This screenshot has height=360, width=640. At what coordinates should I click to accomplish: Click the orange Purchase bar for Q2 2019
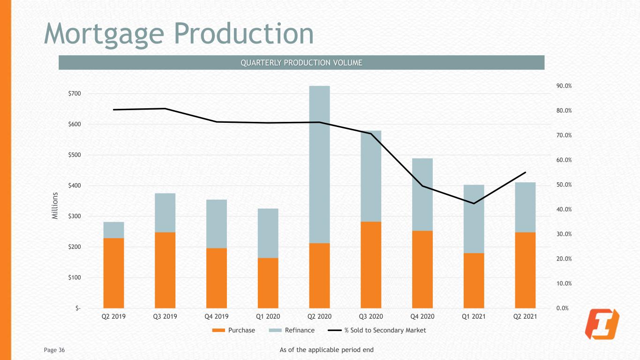pos(114,273)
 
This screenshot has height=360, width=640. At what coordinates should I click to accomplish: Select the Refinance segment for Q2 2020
pos(319,165)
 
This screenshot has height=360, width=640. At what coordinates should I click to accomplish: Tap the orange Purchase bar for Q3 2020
pos(371,265)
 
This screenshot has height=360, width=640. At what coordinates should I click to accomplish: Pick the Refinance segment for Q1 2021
pos(474,219)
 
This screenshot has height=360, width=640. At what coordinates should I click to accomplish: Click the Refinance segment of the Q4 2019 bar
pos(217,224)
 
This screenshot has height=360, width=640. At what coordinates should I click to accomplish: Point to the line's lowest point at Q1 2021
pos(474,203)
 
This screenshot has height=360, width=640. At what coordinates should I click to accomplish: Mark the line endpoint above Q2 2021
pos(525,172)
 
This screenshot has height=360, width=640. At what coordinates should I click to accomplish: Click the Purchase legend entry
pos(233,330)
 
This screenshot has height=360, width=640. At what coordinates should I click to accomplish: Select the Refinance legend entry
pos(292,330)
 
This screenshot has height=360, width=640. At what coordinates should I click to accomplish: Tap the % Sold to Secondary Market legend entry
pos(376,330)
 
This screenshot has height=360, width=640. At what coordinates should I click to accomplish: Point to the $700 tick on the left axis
pos(75,93)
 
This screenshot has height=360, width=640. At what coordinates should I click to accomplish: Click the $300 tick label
pos(75,216)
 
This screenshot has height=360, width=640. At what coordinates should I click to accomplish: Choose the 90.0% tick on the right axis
pos(564,86)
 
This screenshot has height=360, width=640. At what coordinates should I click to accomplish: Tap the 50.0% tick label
pos(564,185)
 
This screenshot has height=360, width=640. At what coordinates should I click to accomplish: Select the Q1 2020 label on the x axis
pos(268,316)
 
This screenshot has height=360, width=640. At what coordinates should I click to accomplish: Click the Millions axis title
pos(55,206)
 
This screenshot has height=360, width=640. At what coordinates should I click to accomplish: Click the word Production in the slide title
pos(244,34)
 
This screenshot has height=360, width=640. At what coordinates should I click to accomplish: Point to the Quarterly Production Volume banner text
pos(301,62)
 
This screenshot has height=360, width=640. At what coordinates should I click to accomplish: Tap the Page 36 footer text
pos(54,350)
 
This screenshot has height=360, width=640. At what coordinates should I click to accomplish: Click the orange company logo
pos(602,324)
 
